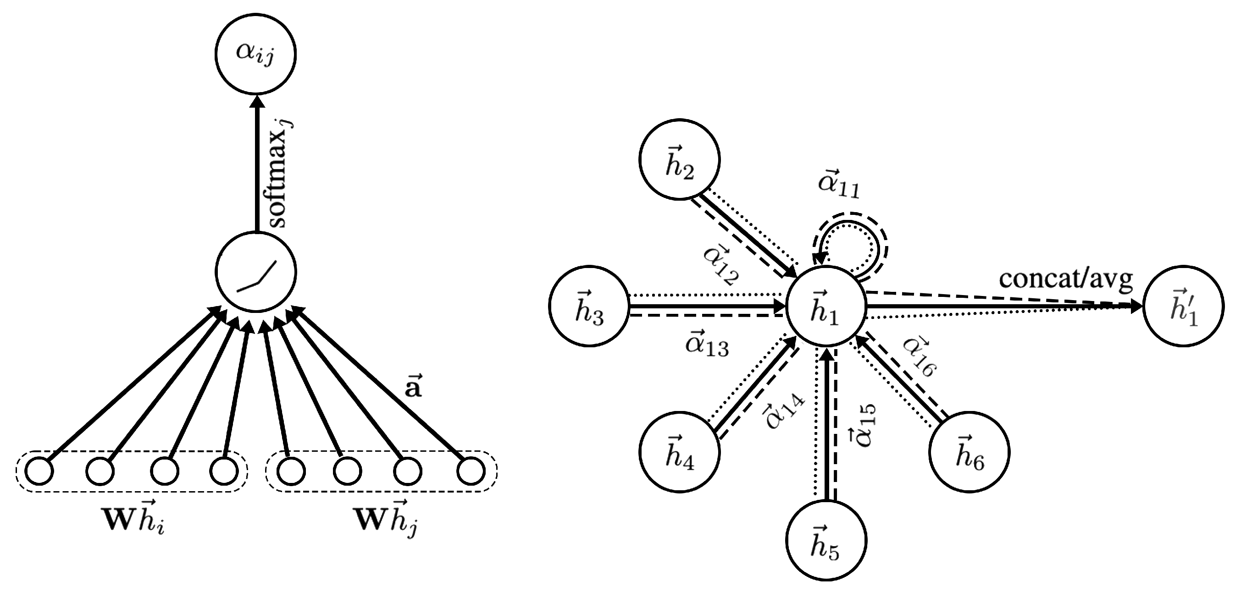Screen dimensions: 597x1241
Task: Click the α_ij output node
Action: pyautogui.click(x=255, y=54)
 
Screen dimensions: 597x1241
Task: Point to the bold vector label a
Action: pyautogui.click(x=413, y=386)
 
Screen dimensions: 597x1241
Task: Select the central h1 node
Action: pyautogui.click(x=825, y=306)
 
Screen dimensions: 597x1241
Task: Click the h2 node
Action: pyautogui.click(x=679, y=159)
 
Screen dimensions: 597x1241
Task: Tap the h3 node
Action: pyautogui.click(x=589, y=306)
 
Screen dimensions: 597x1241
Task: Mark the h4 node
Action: pyautogui.click(x=679, y=452)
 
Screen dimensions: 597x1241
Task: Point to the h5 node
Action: pyautogui.click(x=825, y=540)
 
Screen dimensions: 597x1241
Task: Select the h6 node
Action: pyautogui.click(x=970, y=452)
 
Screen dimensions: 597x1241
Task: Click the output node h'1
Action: pyautogui.click(x=1183, y=306)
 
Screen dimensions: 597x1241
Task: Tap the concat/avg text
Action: pyautogui.click(x=1066, y=279)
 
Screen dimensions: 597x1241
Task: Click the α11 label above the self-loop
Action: pyautogui.click(x=838, y=184)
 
